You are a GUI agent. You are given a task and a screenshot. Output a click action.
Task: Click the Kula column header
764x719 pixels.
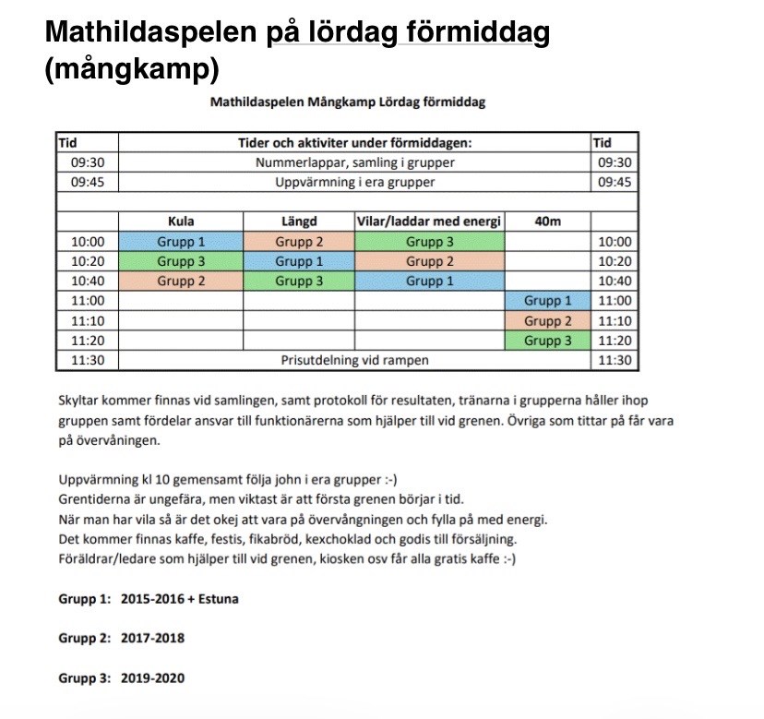point(181,222)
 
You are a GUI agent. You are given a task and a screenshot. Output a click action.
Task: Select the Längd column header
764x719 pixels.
point(298,222)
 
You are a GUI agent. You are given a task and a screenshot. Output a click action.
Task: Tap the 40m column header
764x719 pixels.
point(547,222)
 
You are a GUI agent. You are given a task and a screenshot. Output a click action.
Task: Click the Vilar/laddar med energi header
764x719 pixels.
point(429,222)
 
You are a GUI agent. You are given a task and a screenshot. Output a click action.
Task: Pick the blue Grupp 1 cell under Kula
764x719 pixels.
point(181,242)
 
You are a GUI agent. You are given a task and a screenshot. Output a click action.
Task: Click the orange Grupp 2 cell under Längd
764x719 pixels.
point(298,242)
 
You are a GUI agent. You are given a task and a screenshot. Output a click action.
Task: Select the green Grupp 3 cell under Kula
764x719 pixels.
point(181,261)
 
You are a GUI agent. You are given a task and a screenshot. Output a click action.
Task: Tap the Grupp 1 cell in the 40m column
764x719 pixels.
point(547,301)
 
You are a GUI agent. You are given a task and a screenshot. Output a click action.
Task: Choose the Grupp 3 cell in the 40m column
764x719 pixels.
point(547,341)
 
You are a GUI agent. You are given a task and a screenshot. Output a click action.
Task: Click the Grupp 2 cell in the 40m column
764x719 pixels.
point(547,321)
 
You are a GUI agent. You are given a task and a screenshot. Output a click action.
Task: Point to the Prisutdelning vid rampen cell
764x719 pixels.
point(354,360)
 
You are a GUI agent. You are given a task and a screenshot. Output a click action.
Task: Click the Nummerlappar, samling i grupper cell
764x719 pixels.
point(354,162)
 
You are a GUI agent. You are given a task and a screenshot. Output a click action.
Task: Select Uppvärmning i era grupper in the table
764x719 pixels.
point(354,182)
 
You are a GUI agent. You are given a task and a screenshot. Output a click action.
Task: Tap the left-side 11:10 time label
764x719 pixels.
point(87,321)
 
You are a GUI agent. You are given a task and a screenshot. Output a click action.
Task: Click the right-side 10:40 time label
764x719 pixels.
point(615,282)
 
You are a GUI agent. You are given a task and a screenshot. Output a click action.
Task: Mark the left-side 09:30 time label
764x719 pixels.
point(87,162)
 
